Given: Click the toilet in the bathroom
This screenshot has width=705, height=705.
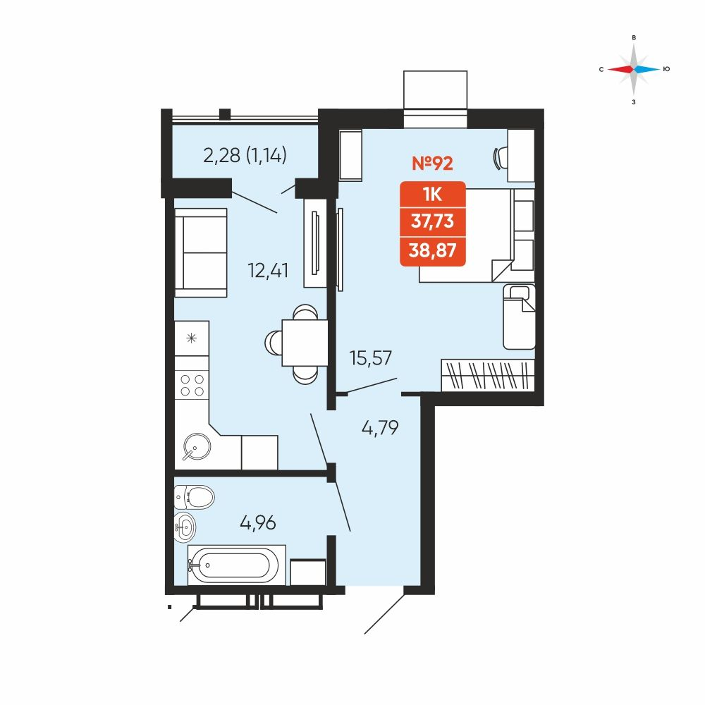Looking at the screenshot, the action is click(195, 497).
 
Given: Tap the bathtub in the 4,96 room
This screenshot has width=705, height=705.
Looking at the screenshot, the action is click(236, 565).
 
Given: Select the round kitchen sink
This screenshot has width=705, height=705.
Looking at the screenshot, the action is click(197, 446).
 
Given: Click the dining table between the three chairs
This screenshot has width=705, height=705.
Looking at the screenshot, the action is click(305, 343).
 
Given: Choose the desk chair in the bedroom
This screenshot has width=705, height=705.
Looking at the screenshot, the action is click(500, 158).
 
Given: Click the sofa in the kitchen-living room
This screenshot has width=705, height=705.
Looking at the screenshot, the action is click(200, 252).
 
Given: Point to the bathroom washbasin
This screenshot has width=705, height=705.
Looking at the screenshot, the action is click(185, 527).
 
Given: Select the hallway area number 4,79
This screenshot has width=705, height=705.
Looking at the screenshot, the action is click(380, 428).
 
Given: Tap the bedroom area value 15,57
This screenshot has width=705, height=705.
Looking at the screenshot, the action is click(371, 358).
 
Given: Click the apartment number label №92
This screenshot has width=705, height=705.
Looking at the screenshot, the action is click(432, 163).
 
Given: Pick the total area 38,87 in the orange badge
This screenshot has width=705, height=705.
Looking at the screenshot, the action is click(433, 250).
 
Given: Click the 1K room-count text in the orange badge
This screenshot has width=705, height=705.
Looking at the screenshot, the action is click(433, 195).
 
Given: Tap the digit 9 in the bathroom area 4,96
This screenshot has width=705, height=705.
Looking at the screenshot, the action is click(258, 523).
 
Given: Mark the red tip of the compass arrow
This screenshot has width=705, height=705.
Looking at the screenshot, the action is click(608, 69).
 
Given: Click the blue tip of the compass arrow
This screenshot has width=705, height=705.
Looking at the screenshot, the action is click(660, 69).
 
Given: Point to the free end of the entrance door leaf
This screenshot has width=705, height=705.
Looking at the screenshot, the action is click(364, 634).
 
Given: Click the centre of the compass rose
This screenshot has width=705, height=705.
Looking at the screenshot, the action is click(634, 69).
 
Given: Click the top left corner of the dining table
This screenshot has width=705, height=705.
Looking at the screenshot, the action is click(282, 319).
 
